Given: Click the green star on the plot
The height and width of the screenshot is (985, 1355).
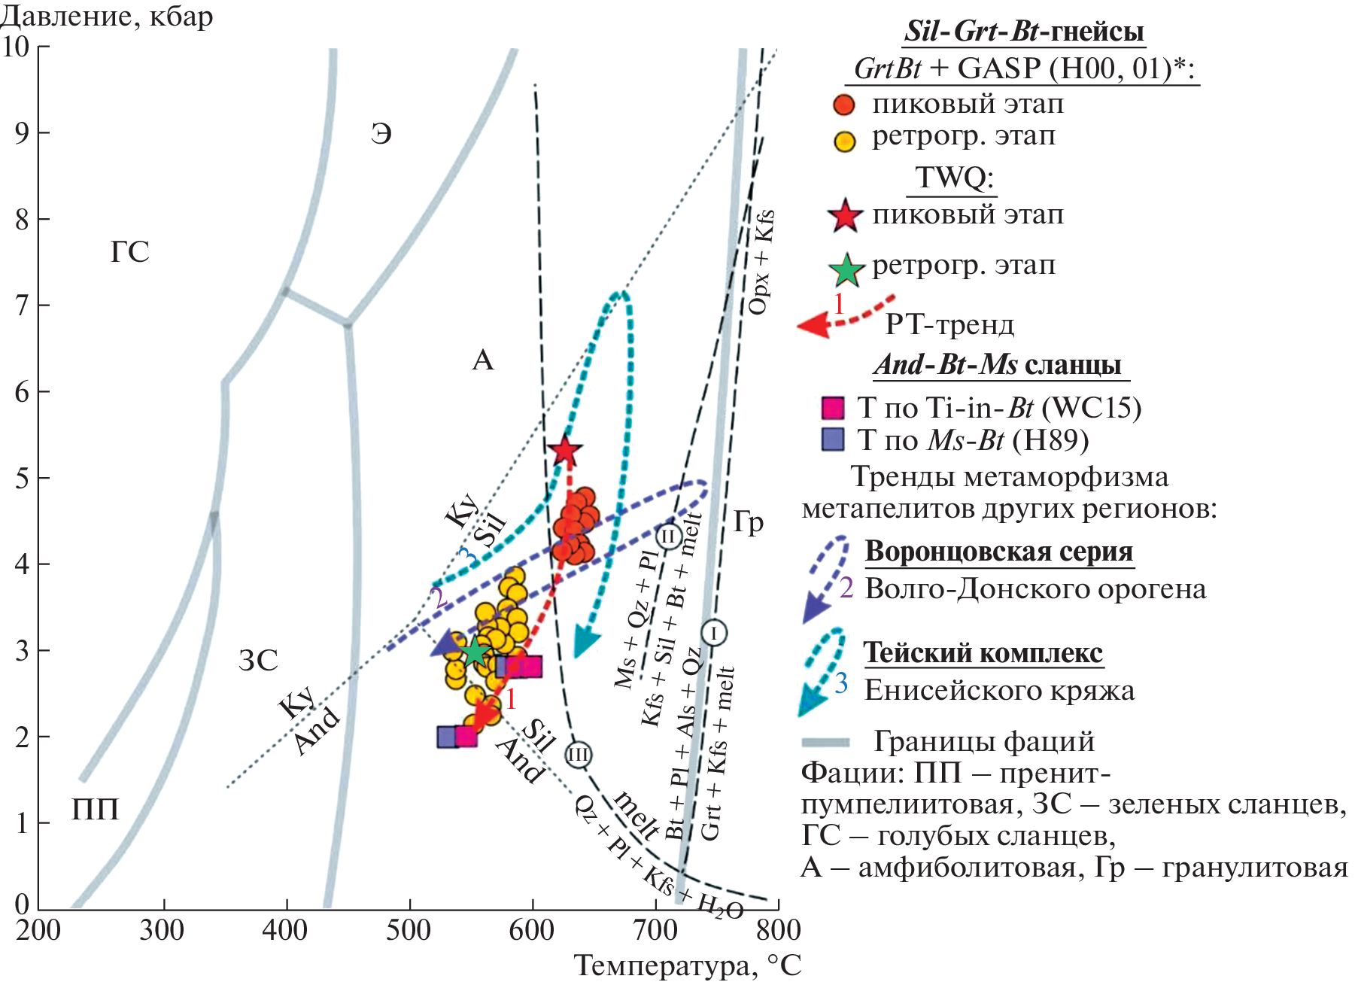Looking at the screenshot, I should tap(475, 652).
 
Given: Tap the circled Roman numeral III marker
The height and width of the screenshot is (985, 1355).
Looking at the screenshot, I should tap(578, 754).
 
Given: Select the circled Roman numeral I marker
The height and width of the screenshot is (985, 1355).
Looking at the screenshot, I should tap(713, 632).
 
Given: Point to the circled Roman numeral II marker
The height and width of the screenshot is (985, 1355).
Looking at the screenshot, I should tap(668, 537).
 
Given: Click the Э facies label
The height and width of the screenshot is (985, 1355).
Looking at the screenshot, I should tap(381, 134).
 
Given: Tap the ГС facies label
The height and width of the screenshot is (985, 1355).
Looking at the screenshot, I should tap(130, 252).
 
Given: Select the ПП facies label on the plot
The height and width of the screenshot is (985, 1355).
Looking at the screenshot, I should tap(96, 810).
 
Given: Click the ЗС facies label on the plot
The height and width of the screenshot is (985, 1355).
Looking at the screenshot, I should tap(258, 661).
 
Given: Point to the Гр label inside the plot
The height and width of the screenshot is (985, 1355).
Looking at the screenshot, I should tap(749, 521).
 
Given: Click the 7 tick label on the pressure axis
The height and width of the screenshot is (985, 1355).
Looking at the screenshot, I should tap(22, 306).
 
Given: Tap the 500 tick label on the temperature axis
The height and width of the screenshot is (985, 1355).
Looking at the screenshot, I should tap(409, 931).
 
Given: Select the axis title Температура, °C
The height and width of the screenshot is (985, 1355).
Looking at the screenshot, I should tap(687, 965).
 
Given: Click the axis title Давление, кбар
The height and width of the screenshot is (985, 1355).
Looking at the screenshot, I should tap(107, 16).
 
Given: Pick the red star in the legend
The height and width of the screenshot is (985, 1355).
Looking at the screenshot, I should tap(844, 216).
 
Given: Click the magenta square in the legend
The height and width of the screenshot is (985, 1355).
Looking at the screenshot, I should tap(833, 408).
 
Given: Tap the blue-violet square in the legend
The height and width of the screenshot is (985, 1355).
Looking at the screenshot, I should tap(833, 439).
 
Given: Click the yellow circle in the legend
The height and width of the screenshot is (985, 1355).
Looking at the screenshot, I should tap(845, 141).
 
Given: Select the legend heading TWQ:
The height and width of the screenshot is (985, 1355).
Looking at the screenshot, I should tap(955, 178).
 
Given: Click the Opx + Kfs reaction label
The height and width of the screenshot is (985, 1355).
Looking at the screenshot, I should tap(760, 262).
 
